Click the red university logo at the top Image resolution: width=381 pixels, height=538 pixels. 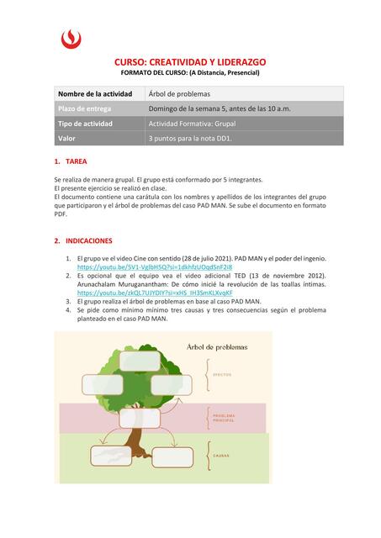click(x=72, y=37)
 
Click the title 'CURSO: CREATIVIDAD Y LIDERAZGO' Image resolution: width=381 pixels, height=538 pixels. click(x=190, y=63)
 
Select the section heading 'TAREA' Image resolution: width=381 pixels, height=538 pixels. click(x=76, y=161)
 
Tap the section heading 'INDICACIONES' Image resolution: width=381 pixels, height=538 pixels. click(x=89, y=240)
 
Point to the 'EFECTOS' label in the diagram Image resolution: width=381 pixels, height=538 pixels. click(x=222, y=375)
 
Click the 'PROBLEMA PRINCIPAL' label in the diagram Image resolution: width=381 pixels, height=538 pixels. click(x=224, y=418)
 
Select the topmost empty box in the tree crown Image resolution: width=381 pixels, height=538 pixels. click(x=139, y=360)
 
